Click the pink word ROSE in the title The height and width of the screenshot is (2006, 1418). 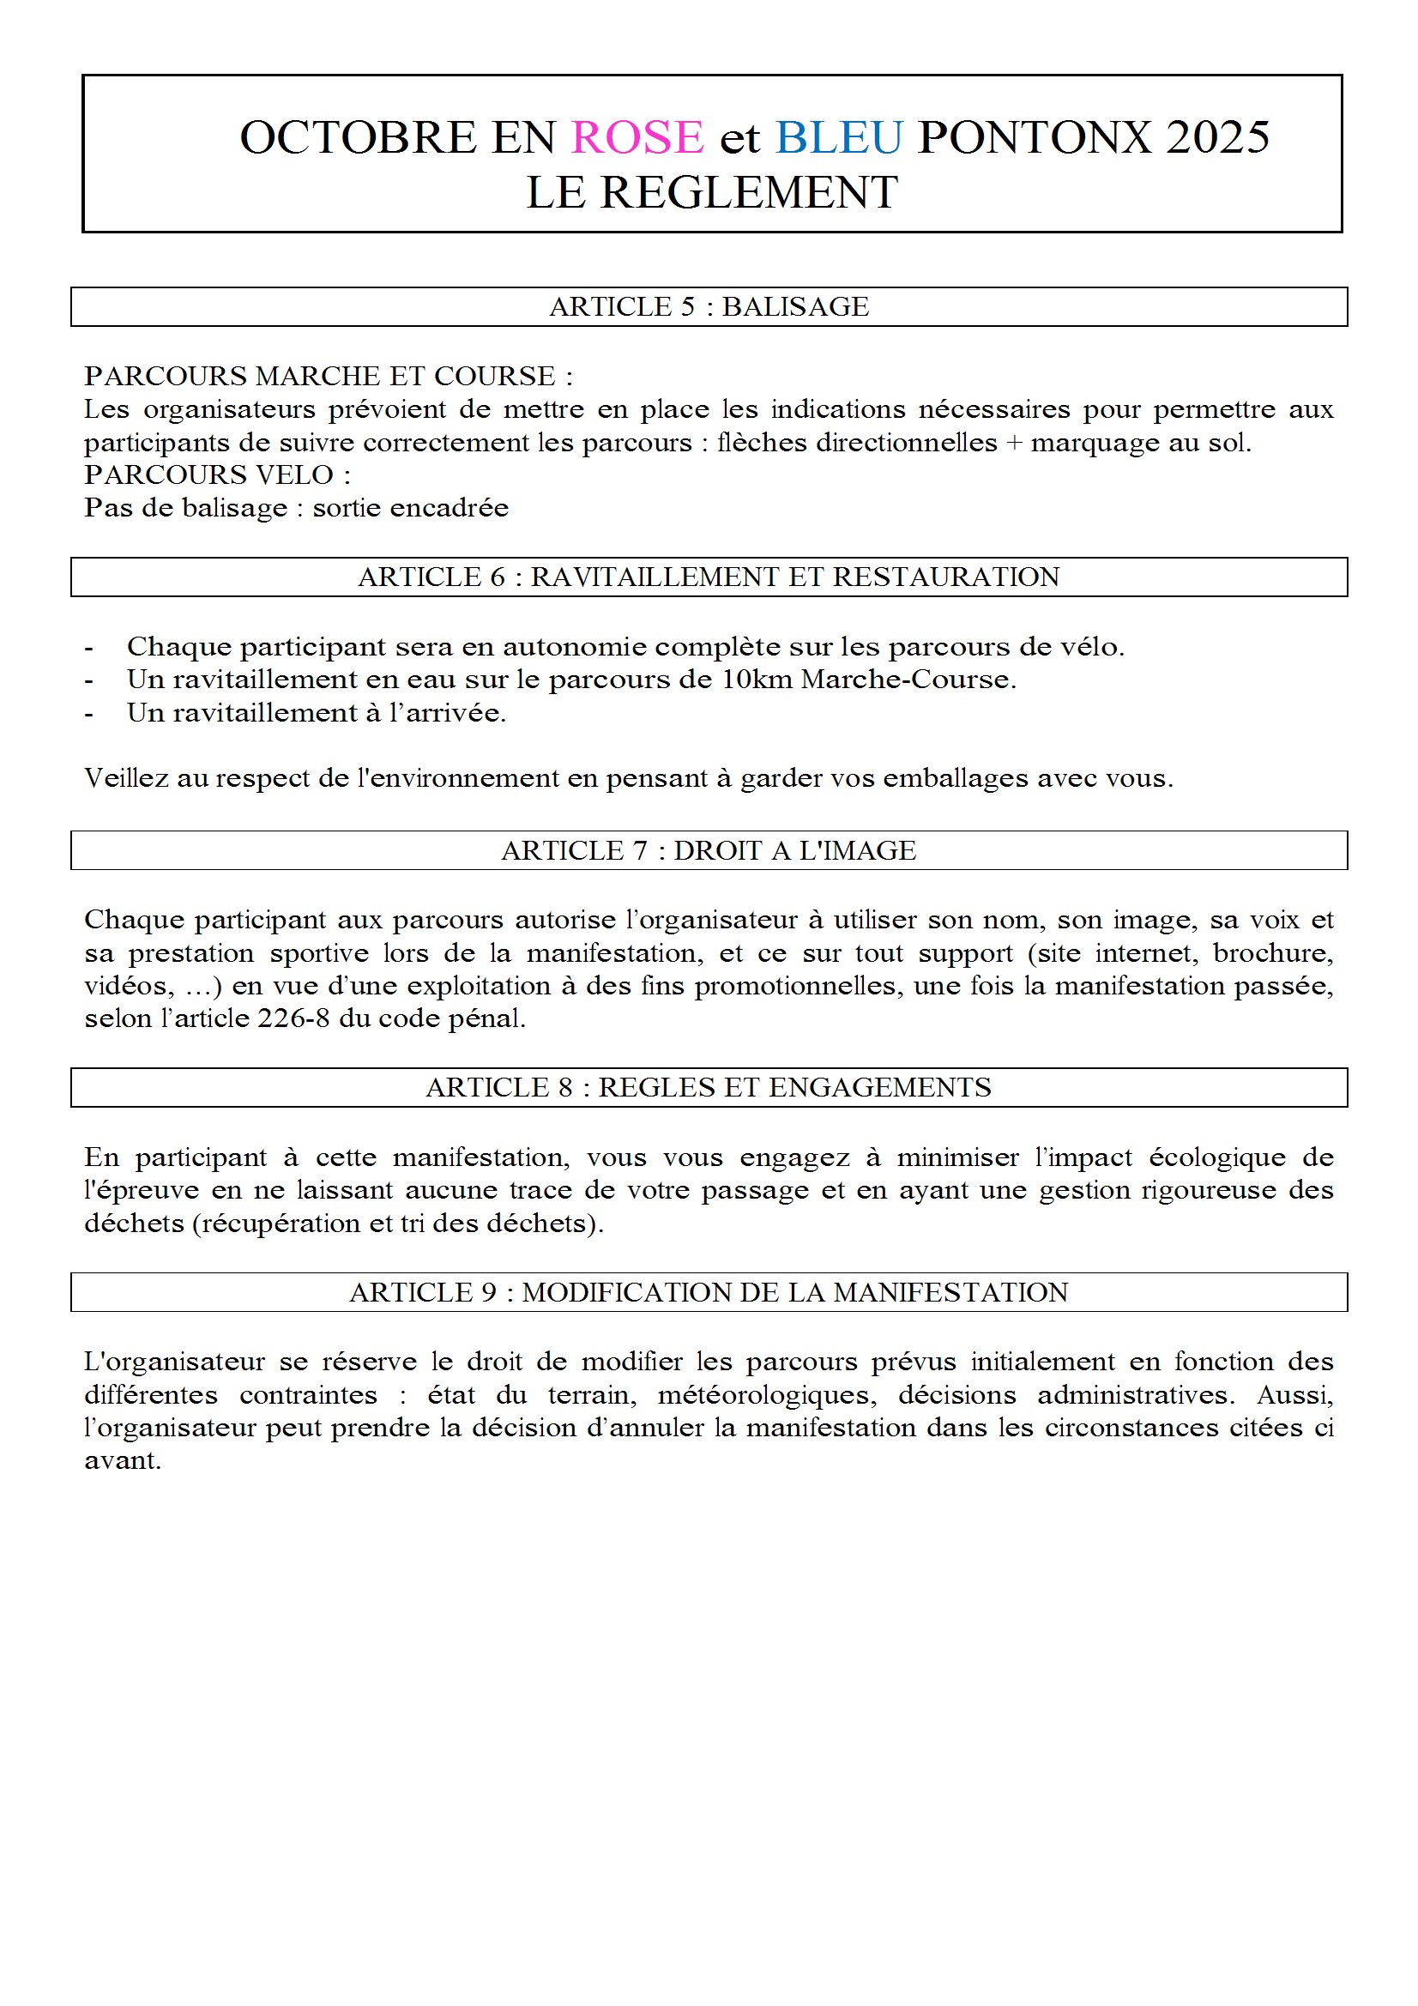pos(637,137)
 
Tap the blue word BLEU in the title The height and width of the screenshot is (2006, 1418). pos(838,137)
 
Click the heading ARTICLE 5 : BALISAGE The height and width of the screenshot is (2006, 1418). pos(709,306)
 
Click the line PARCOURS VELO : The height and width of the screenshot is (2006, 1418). pos(218,474)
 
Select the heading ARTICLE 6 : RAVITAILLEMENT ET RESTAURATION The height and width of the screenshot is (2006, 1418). pos(709,577)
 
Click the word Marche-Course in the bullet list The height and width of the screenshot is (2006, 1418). pos(908,679)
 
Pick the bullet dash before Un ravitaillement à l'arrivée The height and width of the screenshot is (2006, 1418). pos(88,713)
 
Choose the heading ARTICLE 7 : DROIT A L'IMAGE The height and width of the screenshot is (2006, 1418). pos(709,850)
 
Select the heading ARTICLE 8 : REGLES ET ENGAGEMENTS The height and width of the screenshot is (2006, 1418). pos(709,1087)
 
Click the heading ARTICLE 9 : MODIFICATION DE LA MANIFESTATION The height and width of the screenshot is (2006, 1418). pos(709,1292)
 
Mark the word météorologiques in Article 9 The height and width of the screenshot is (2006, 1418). pos(767,1395)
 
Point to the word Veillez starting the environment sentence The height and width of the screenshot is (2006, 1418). pos(126,777)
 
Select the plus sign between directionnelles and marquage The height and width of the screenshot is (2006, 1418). pos(1013,443)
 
